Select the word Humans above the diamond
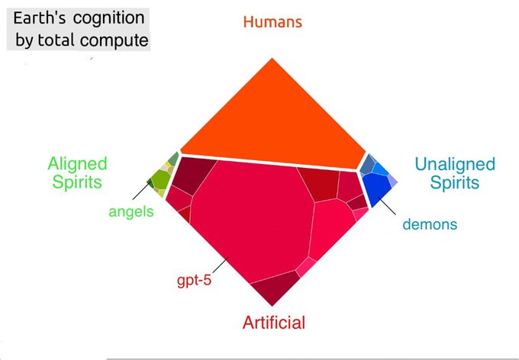(272, 21)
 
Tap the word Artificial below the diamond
(273, 323)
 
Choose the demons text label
(429, 224)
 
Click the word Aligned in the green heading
(77, 164)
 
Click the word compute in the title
(116, 39)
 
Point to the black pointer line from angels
(149, 184)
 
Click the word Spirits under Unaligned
(454, 183)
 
